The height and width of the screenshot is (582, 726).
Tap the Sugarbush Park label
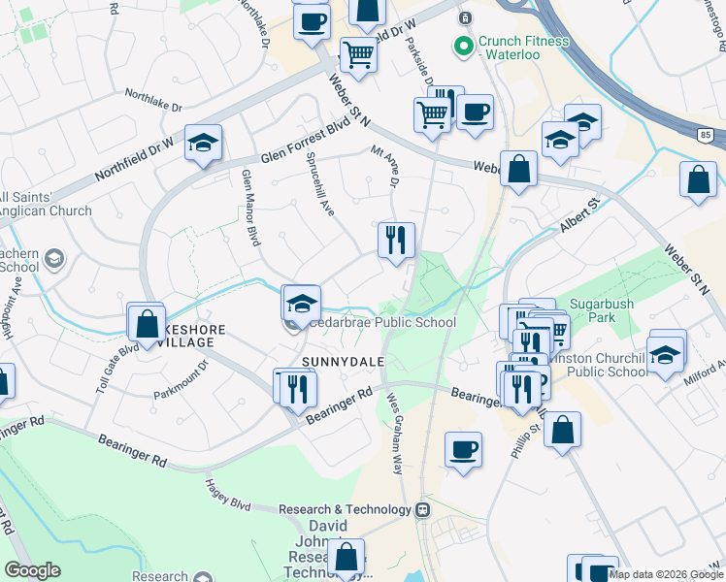(601, 310)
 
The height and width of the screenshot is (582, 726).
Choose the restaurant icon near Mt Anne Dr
(396, 240)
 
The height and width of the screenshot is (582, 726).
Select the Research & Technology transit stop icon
(422, 509)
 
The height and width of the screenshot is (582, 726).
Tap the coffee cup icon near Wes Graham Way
(463, 450)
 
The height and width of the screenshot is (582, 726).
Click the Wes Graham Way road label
(395, 433)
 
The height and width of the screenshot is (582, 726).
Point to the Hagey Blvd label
(228, 495)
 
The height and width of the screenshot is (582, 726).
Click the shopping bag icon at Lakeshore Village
(148, 324)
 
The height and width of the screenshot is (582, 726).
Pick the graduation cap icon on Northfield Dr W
(204, 144)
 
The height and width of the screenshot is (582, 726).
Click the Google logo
(33, 570)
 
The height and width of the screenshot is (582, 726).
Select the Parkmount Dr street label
(181, 380)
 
